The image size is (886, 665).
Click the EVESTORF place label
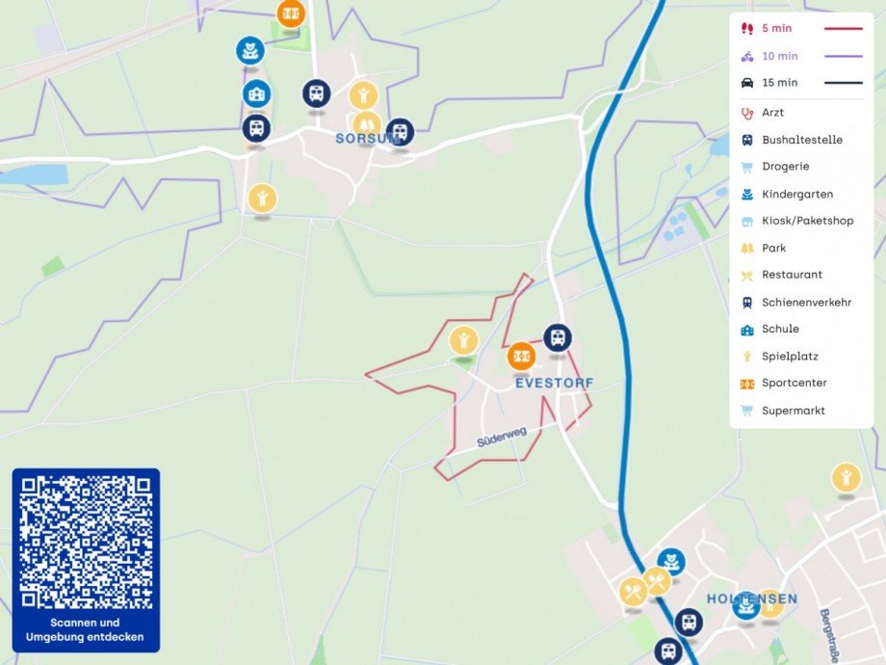pos(554,383)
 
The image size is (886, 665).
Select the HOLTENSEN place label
pos(751,598)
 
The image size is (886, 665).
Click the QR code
pos(86,543)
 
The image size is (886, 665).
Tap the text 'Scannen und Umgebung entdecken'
pos(86,629)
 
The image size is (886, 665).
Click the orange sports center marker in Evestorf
pos(521,356)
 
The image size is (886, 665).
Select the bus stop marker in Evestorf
pos(557,337)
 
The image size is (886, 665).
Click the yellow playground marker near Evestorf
pos(464,339)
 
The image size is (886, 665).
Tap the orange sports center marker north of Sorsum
pos(291,13)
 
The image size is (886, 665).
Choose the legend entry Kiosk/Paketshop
pos(807,221)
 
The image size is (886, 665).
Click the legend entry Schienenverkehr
pos(806,302)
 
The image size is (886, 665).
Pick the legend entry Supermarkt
pos(793,411)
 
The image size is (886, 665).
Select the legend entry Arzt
pos(772,113)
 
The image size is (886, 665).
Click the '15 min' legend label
pos(779,83)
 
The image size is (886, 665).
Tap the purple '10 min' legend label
pos(779,56)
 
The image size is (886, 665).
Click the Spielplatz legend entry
pos(790,356)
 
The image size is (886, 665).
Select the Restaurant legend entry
pos(792,275)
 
